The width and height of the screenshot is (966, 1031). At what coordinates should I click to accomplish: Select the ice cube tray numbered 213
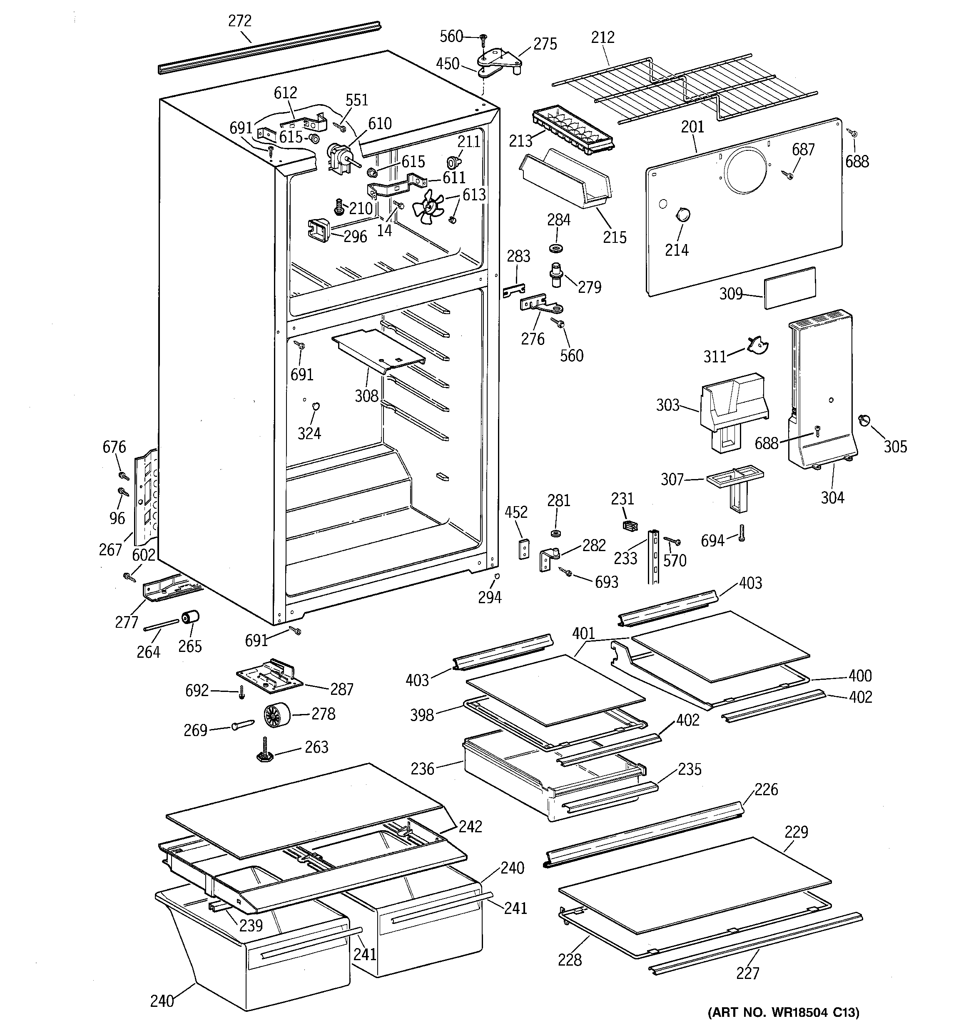coord(573,132)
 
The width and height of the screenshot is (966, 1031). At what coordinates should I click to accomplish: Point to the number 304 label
coord(832,498)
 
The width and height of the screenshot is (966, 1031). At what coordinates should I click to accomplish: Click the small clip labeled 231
coord(629,526)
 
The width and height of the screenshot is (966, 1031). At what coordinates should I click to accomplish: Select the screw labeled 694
coord(742,534)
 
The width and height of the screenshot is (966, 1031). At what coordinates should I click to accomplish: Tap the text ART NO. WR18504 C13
coord(784,1011)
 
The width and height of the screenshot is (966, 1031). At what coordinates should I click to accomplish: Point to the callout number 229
coord(796,832)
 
